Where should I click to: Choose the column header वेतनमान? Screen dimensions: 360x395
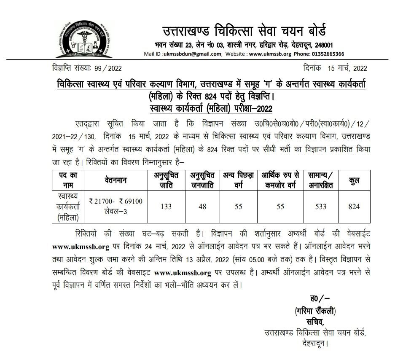pyautogui.click(x=116, y=180)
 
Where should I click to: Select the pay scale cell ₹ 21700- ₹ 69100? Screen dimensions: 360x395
pyautogui.click(x=116, y=201)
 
